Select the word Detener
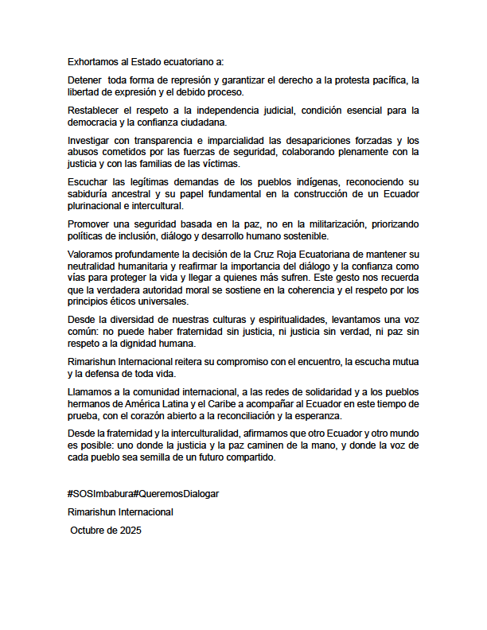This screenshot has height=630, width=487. point(85,80)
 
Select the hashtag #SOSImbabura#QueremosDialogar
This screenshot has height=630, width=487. point(142,493)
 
